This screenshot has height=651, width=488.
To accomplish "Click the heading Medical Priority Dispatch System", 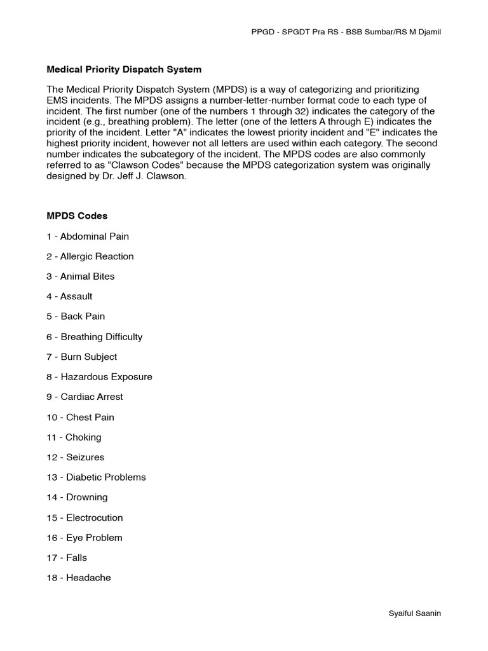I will point(124,69).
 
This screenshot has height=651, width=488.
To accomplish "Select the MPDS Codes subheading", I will point(77,216).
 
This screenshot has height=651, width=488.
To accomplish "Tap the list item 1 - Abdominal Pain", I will point(88,236).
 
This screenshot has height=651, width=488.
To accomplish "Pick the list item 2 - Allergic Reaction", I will point(90,256).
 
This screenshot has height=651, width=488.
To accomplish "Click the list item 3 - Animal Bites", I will point(81,277).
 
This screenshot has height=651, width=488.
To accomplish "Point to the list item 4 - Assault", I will point(70,296).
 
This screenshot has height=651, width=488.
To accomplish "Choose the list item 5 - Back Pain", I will point(76,317).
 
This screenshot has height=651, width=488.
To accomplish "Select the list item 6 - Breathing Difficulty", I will point(95,337).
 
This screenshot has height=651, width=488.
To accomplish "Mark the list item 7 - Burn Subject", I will point(82,357).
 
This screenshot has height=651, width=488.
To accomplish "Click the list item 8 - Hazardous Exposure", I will point(100,377).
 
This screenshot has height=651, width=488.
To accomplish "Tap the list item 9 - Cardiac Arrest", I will point(85,397).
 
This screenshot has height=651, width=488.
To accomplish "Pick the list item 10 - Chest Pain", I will point(81,417).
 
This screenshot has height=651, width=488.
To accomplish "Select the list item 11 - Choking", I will point(74,437).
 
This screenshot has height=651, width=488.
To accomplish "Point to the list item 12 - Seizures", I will point(76,457).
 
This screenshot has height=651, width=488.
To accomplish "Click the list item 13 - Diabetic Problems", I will point(96,477).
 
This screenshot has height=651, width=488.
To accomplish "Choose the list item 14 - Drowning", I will point(77,497).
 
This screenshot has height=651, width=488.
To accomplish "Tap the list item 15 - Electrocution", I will point(85,517).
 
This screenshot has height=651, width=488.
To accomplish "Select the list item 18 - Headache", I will point(79,578).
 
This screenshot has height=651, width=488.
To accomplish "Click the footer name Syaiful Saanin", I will point(414,613).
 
